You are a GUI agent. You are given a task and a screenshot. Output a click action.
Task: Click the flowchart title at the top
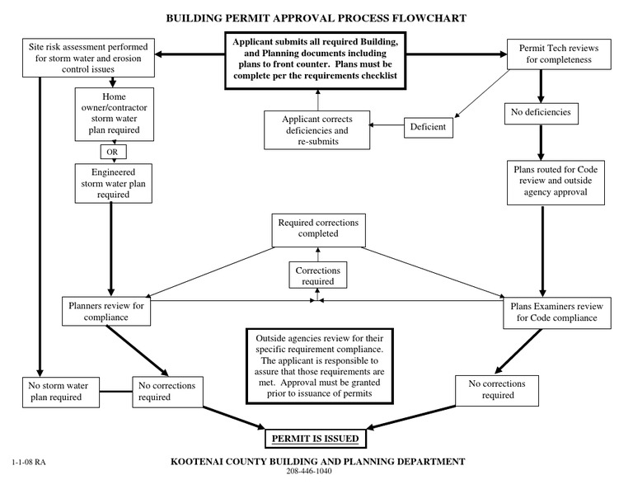(316, 17)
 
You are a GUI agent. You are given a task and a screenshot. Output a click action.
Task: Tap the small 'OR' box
(112, 152)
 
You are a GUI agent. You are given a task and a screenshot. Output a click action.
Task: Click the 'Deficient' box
(429, 127)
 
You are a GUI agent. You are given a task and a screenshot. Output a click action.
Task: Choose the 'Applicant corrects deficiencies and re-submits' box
(317, 130)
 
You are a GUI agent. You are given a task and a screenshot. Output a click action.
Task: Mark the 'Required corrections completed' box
(318, 228)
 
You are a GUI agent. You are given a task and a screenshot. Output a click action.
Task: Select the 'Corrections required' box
(317, 275)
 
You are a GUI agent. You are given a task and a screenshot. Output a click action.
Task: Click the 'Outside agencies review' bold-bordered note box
(317, 366)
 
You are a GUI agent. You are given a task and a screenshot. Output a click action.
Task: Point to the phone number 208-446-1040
(316, 473)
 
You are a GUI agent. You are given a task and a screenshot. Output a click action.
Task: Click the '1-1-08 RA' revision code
(30, 463)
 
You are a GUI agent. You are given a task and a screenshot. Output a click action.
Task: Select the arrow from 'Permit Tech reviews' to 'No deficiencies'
(540, 85)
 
